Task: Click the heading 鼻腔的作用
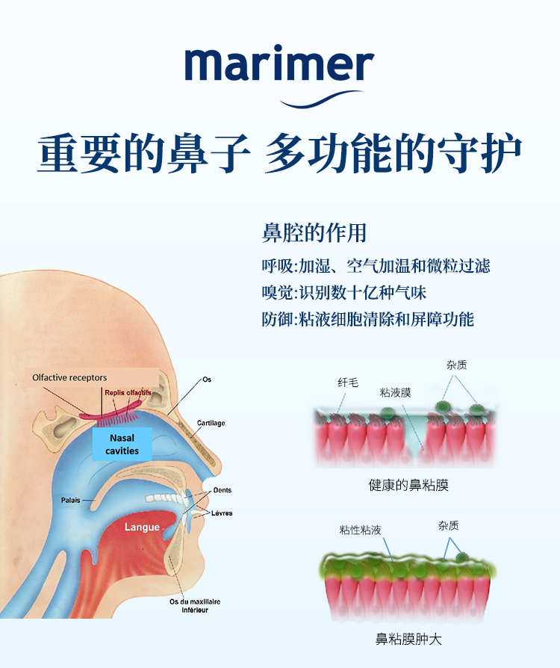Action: tap(314, 232)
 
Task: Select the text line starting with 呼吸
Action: tap(376, 265)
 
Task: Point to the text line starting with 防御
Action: tap(367, 319)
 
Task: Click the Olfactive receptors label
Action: tap(69, 377)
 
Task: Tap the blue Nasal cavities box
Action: tap(122, 444)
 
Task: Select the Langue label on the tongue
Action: tap(142, 527)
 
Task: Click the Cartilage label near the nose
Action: tap(211, 423)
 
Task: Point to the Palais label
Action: tap(72, 500)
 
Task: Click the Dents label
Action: tap(222, 490)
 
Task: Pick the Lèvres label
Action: tap(222, 513)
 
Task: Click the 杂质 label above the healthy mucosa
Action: tap(457, 365)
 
